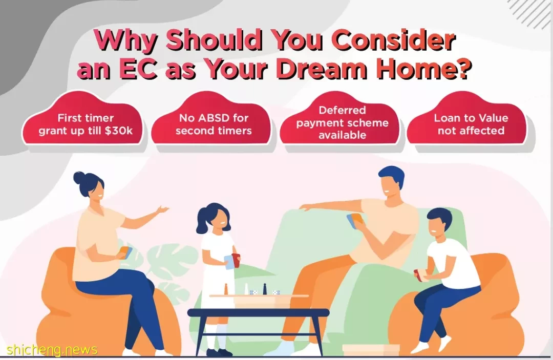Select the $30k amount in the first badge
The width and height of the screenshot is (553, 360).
pos(118,131)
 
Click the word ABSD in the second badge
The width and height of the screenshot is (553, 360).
pos(214,118)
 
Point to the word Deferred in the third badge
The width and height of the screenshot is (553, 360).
pos(342,110)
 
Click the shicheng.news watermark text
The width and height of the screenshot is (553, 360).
pos(52,350)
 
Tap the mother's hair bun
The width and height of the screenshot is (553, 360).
pos(79,177)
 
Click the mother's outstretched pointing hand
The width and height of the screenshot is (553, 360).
pos(162,210)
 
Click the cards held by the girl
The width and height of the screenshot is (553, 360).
pos(232,261)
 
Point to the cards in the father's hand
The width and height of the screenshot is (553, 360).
pos(354,220)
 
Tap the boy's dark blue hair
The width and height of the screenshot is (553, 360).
pos(438,216)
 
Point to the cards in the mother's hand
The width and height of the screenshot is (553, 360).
pos(126,252)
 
